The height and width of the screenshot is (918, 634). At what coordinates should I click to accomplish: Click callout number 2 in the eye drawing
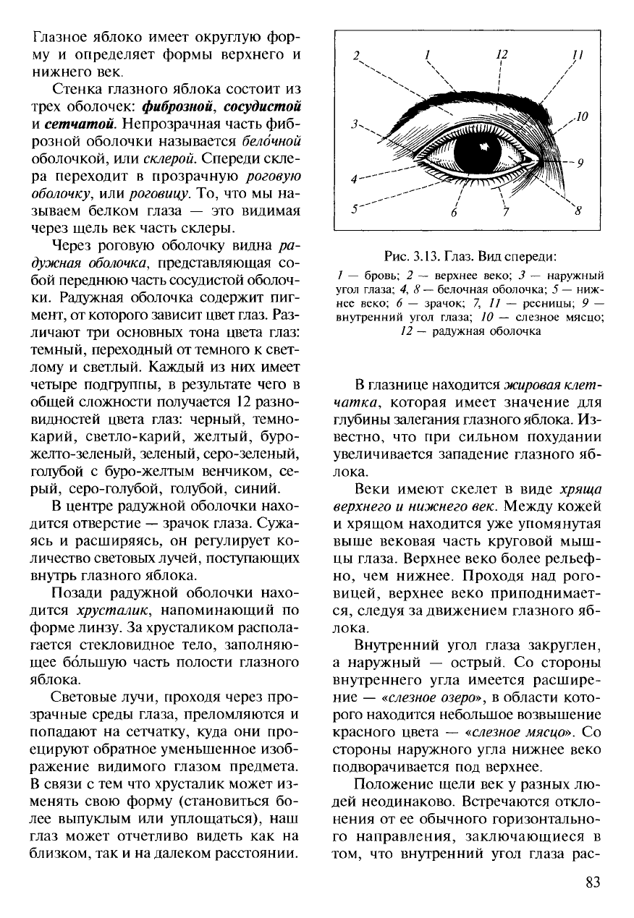(x=356, y=55)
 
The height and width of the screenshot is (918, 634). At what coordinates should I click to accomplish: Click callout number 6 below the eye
(x=454, y=213)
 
